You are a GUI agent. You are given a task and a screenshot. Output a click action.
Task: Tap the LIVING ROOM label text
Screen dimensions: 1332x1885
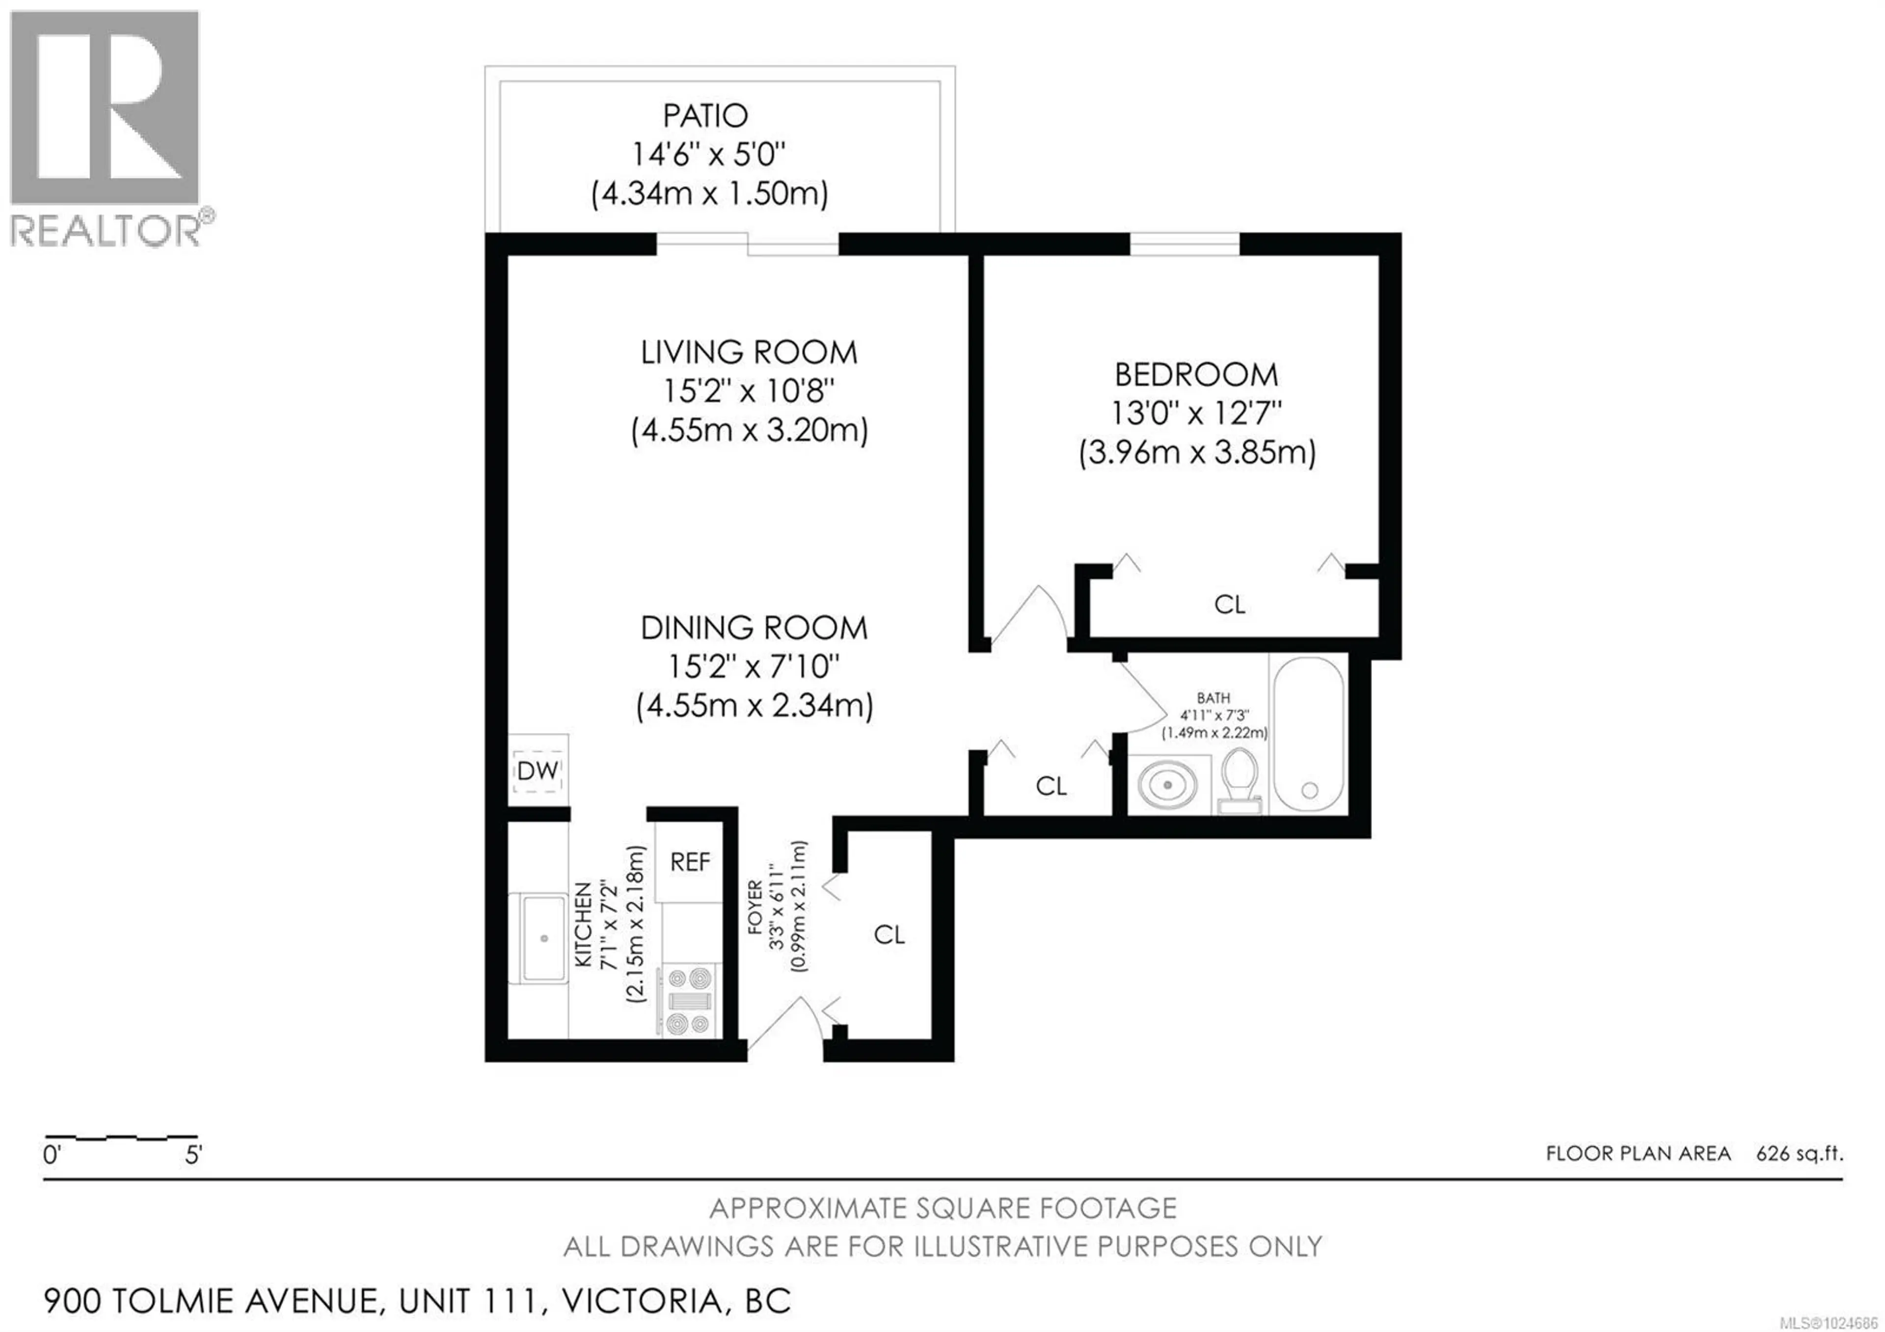click(748, 353)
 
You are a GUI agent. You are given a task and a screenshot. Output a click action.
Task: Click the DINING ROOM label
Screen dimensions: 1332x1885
click(753, 628)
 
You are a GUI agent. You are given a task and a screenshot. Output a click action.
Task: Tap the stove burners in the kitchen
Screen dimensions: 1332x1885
click(688, 1001)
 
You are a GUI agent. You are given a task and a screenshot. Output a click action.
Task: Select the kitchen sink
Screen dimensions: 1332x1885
click(543, 938)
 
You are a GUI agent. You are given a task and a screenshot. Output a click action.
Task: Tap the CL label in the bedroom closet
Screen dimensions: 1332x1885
click(1229, 605)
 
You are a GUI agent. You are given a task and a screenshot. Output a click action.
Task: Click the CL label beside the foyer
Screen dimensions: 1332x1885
click(889, 935)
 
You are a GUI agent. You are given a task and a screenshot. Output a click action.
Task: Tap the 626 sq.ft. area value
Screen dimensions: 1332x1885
click(1800, 1154)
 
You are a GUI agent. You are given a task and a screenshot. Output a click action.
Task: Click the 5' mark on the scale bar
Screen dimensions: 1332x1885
click(193, 1156)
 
